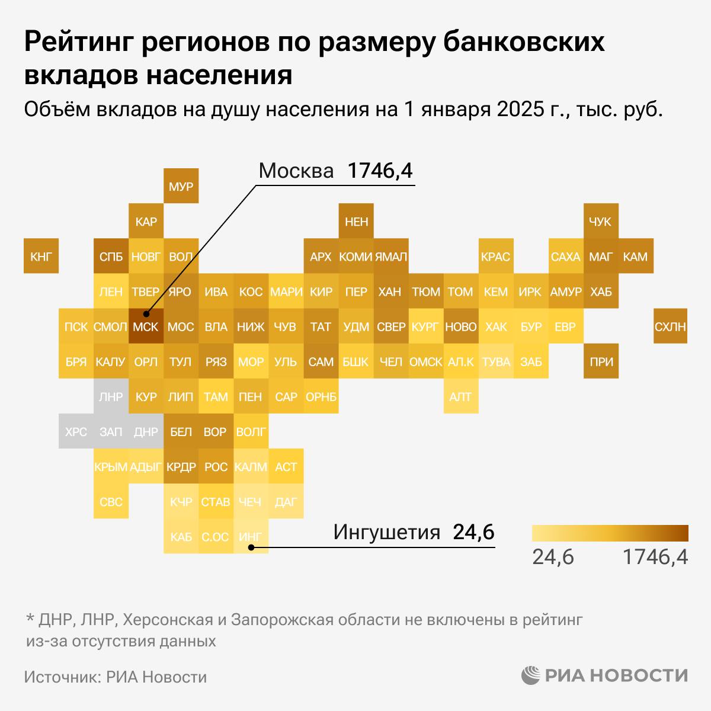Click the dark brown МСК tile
[x=146, y=326]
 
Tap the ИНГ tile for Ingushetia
[x=251, y=537]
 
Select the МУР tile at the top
[x=181, y=187]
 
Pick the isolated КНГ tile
[x=41, y=257]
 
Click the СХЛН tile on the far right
[x=671, y=326]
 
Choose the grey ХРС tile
[x=76, y=432]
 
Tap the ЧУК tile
[x=601, y=222]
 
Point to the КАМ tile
[x=636, y=257]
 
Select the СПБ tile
[x=111, y=257]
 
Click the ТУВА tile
[x=496, y=361]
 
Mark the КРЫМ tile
[x=111, y=467]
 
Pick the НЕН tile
[x=356, y=222]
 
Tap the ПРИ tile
[x=601, y=361]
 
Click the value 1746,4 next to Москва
[x=380, y=171]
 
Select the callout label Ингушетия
[x=387, y=531]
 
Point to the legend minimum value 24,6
[x=553, y=557]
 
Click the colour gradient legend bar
[x=610, y=533]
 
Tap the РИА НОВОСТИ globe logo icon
[x=531, y=675]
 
